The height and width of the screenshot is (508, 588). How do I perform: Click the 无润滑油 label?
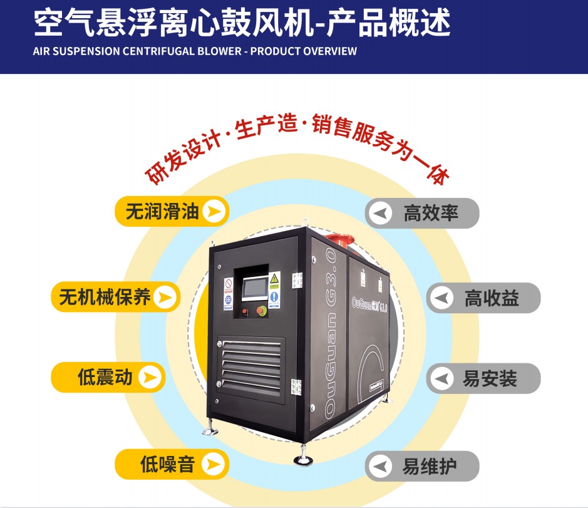[x=162, y=212]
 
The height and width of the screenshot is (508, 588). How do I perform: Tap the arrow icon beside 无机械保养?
[x=165, y=298]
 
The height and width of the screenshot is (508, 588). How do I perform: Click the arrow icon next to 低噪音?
[x=213, y=464]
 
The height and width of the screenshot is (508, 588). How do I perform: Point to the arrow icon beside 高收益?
[x=443, y=298]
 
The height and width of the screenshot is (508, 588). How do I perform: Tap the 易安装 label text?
[x=490, y=378]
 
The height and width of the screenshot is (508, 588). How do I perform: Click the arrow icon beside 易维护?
[x=380, y=466]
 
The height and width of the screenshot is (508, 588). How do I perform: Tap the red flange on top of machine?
[x=341, y=241]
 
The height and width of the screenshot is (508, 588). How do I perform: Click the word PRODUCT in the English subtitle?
[x=274, y=51]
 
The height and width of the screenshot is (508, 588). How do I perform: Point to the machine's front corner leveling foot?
[x=305, y=461]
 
